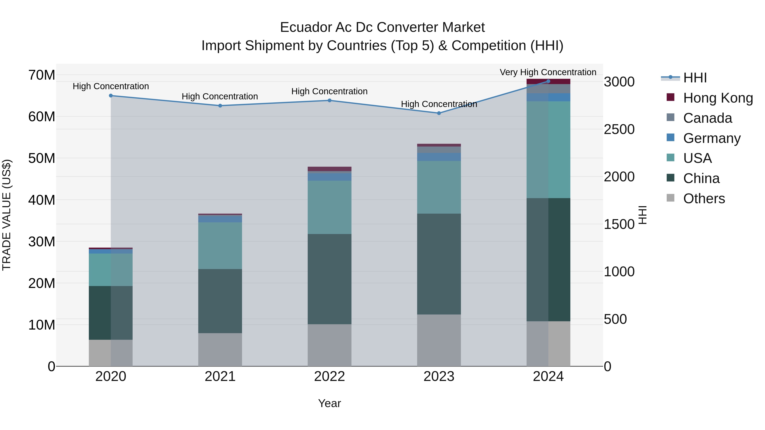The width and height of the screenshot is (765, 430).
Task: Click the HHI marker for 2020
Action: (111, 96)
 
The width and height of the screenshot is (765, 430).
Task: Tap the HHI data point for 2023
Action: (439, 113)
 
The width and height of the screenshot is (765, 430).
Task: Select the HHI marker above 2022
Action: (329, 100)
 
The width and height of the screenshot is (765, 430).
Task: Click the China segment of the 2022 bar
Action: (329, 279)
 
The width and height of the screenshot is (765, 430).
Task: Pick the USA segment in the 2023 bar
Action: (439, 187)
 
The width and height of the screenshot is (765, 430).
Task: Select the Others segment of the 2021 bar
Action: (220, 350)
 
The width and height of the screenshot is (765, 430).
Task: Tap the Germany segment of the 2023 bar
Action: (439, 157)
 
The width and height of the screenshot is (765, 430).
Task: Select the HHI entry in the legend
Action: (695, 78)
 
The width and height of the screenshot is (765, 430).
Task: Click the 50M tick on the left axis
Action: (42, 158)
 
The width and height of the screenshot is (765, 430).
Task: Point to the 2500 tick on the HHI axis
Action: (619, 129)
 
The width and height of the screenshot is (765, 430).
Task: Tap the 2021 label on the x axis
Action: (220, 376)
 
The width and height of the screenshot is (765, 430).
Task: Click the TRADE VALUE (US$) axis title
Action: (7, 215)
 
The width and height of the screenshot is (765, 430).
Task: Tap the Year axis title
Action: (329, 403)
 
